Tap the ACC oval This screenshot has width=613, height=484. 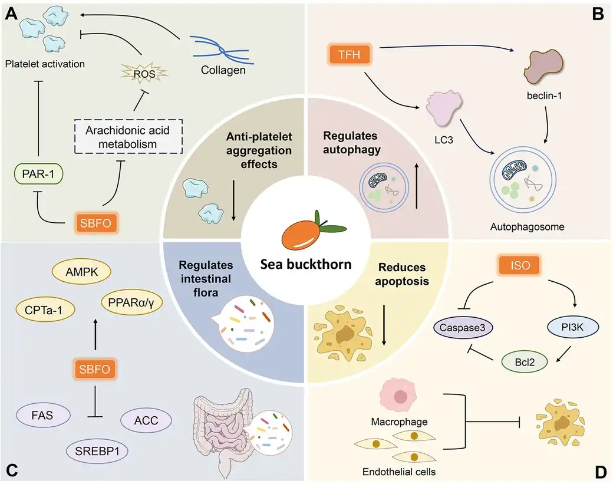(146, 421)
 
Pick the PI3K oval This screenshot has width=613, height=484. (557, 326)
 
